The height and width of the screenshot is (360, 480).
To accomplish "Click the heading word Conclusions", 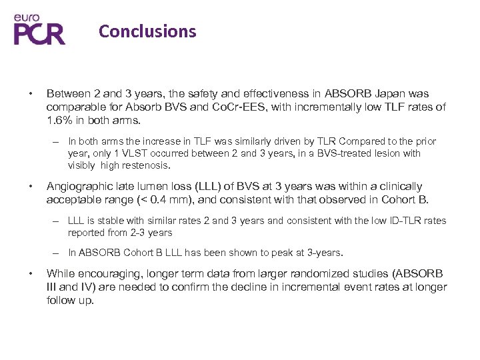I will (147, 31).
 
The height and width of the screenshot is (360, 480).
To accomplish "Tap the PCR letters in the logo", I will (40, 33).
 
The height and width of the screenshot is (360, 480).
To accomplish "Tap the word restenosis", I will (147, 165).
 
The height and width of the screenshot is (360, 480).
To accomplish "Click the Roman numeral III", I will (53, 287).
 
